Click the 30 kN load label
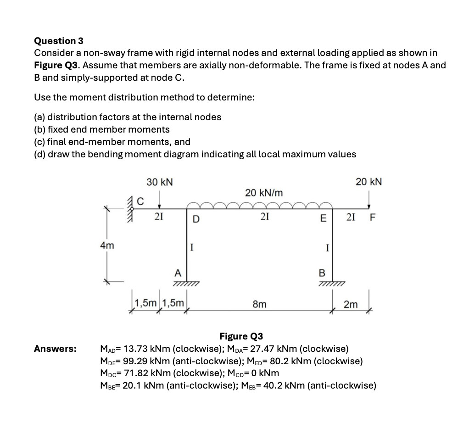[160, 182]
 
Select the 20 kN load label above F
[368, 182]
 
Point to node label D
[195, 219]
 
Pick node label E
[323, 219]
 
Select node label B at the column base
[322, 273]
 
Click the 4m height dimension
[107, 246]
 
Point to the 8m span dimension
[259, 304]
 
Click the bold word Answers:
[55, 349]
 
